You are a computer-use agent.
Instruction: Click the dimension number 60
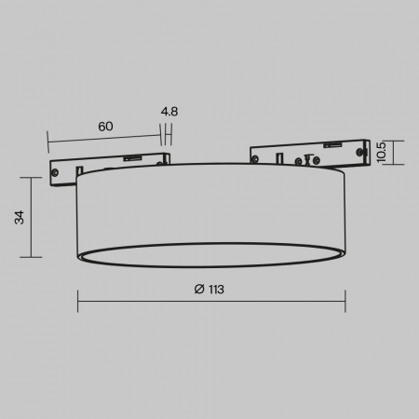tap(105, 127)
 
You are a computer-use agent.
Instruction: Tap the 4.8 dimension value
tap(169, 112)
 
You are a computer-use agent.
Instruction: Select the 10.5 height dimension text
tap(381, 152)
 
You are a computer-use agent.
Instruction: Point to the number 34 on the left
tap(20, 217)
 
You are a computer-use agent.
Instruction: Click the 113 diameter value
tap(216, 290)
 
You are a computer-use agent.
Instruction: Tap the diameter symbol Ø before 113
tap(199, 289)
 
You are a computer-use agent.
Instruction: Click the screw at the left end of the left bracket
tap(55, 172)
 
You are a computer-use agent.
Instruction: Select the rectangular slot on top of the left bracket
tap(132, 158)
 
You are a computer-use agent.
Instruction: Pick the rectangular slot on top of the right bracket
tap(332, 145)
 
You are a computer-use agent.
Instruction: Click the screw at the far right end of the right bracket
tap(360, 152)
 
